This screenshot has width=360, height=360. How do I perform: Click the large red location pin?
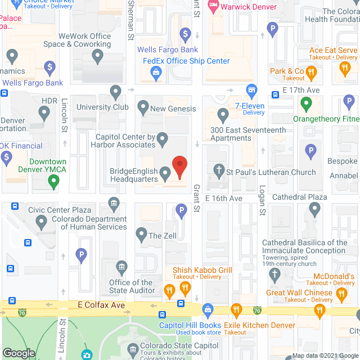179,166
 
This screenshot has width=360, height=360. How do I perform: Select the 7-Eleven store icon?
252,90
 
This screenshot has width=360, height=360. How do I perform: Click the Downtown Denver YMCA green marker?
53,181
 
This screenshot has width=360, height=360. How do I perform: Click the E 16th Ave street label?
223,199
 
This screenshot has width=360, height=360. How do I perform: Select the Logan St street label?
262,202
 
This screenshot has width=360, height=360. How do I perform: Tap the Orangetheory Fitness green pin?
306,104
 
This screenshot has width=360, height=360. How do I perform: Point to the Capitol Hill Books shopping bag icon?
207,309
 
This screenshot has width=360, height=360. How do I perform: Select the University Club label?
102,107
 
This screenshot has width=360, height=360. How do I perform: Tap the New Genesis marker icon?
143,106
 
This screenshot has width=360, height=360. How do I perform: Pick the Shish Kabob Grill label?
202,271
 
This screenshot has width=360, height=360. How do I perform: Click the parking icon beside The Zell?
181,211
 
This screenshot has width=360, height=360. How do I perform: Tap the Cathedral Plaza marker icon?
314,209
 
